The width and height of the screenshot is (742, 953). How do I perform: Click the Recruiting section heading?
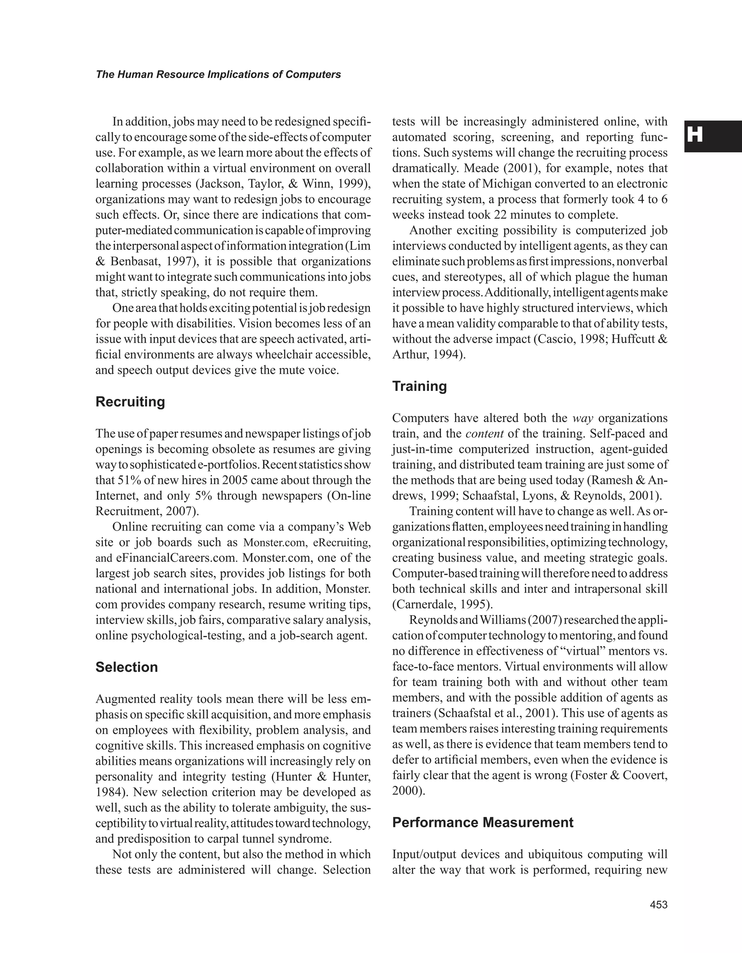coord(130,402)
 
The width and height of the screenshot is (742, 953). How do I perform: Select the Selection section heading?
coord(127,667)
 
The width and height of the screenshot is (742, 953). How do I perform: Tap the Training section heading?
coord(419,386)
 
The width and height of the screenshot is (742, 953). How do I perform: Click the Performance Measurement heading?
coord(483,823)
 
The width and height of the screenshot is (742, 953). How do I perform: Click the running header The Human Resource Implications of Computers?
coord(218,75)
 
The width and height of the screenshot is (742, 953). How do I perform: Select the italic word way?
coord(583,418)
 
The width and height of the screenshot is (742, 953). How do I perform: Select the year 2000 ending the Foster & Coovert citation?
coord(406,791)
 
